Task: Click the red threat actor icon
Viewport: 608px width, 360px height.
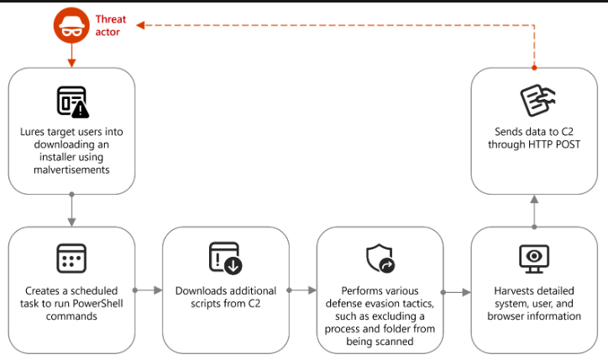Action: tap(71, 25)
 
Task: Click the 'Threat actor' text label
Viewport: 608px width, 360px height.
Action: tap(111, 25)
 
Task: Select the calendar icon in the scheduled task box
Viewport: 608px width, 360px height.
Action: tap(71, 258)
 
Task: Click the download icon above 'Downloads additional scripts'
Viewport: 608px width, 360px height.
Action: tap(225, 258)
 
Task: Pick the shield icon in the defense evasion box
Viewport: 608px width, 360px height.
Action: tap(380, 258)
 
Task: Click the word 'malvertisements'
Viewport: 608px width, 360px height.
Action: tap(71, 170)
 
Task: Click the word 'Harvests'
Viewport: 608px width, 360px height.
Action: tap(510, 291)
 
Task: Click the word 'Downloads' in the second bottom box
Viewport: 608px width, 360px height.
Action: tap(202, 291)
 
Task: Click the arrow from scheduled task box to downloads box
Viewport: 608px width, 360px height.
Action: tap(149, 290)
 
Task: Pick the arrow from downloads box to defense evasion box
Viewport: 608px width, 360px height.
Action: tap(302, 290)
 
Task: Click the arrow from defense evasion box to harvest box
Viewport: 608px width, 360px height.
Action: tap(457, 293)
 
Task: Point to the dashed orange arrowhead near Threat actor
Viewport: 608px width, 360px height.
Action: tap(140, 25)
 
